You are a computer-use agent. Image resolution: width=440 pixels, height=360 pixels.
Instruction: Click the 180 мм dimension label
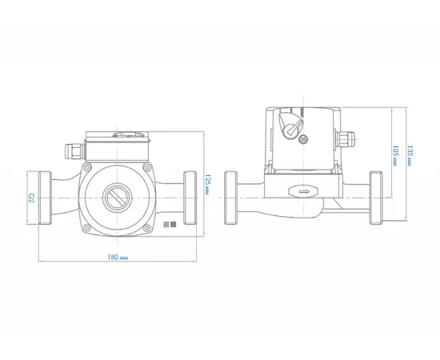point(118,258)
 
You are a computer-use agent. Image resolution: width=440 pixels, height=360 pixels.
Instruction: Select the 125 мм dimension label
point(208,185)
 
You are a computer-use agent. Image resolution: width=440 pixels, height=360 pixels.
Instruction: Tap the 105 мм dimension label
point(395,156)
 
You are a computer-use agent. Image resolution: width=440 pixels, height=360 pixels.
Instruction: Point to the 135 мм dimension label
point(410,156)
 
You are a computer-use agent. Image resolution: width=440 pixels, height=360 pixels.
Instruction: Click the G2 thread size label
point(31,198)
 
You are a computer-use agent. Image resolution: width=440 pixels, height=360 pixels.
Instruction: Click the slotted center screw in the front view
point(117,198)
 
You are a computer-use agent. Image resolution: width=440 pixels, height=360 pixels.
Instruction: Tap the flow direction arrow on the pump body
point(304,192)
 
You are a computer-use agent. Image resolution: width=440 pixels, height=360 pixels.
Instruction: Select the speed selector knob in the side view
point(290,125)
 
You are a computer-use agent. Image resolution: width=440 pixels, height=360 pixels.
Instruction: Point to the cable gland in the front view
point(75,153)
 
